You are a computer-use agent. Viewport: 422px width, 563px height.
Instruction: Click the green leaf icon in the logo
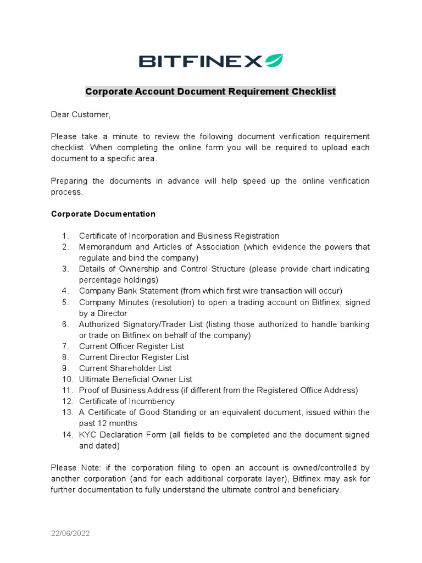point(274,60)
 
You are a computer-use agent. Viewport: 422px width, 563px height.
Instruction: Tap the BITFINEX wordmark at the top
point(201,61)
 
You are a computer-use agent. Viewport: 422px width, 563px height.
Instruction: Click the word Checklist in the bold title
point(312,91)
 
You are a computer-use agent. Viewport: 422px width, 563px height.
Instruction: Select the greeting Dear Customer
point(80,114)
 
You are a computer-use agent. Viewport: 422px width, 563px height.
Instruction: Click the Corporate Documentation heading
point(103,214)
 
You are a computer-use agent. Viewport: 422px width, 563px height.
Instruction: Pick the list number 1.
point(65,236)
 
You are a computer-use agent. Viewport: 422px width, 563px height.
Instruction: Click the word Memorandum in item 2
point(104,247)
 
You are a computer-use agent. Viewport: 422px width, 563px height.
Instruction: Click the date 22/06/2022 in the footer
point(70,533)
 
